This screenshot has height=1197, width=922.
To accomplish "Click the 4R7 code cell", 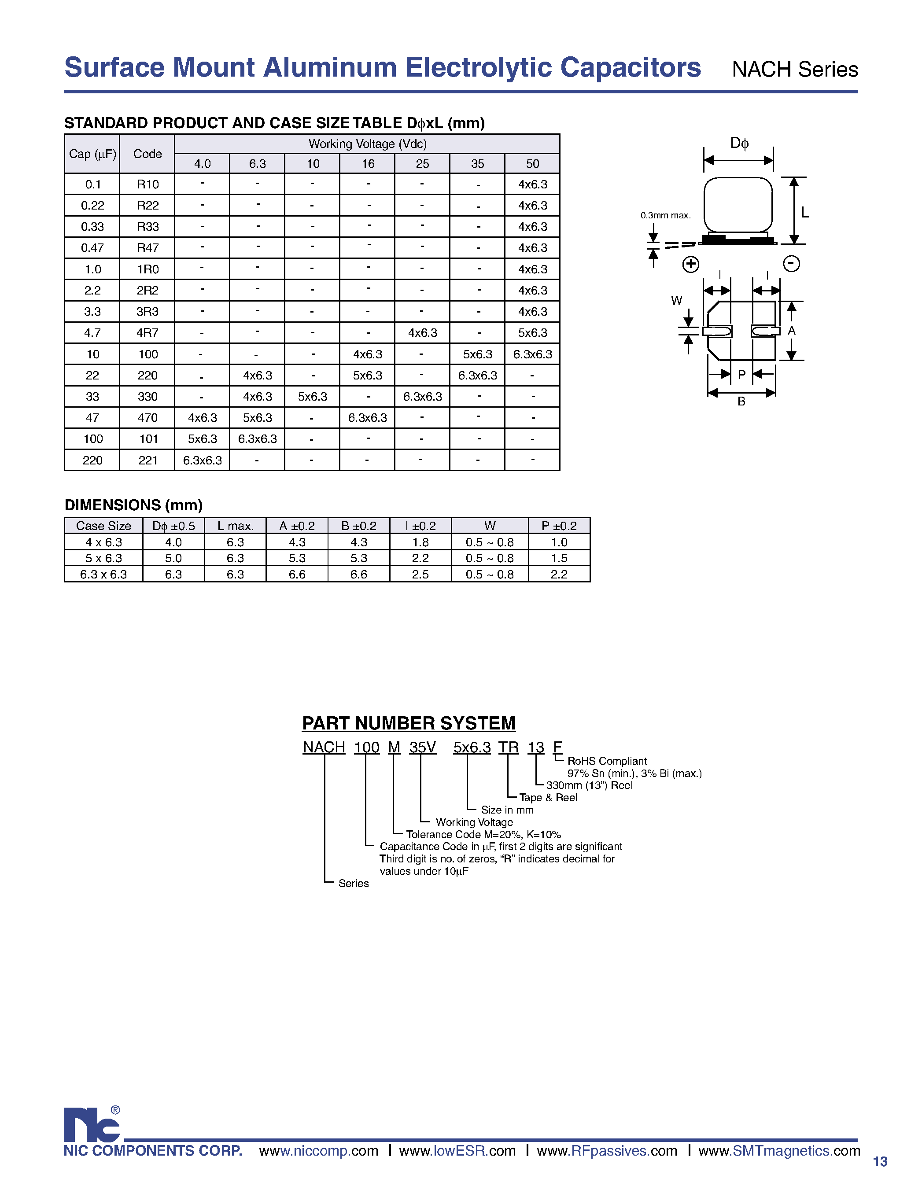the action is pyautogui.click(x=148, y=333).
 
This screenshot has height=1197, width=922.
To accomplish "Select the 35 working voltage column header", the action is pyautogui.click(x=477, y=163).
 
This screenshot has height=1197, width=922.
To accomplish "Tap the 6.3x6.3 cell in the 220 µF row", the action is pyautogui.click(x=202, y=460).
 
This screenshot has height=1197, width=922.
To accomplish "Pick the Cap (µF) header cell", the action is pyautogui.click(x=92, y=154).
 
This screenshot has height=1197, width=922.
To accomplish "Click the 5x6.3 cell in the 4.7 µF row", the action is pyautogui.click(x=532, y=333).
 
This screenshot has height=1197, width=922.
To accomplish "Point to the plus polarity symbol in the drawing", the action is pyautogui.click(x=690, y=264).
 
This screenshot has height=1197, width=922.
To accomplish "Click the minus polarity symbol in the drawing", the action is pyautogui.click(x=791, y=264).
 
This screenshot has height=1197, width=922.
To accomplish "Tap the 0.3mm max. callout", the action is pyautogui.click(x=665, y=215).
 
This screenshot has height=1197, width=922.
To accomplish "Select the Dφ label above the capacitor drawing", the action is pyautogui.click(x=739, y=144).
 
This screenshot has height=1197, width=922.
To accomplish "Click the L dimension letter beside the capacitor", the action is pyautogui.click(x=805, y=213).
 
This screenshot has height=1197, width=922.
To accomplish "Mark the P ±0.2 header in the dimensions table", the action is pyautogui.click(x=559, y=526).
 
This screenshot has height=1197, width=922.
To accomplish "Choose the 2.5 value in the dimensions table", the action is pyautogui.click(x=420, y=575).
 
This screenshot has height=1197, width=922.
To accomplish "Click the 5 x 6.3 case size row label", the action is pyautogui.click(x=103, y=558).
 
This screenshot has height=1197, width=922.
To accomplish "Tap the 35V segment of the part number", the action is pyautogui.click(x=422, y=748).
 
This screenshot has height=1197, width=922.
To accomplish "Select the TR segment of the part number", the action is pyautogui.click(x=508, y=748).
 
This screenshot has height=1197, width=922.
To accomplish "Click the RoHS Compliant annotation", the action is pyautogui.click(x=607, y=761).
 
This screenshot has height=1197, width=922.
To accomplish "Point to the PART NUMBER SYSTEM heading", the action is pyautogui.click(x=408, y=723).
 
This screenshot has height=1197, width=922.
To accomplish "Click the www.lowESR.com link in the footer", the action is pyautogui.click(x=457, y=1150).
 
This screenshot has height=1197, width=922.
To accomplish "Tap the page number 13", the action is pyautogui.click(x=880, y=1161).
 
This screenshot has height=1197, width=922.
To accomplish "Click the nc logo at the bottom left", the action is pyautogui.click(x=92, y=1125).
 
